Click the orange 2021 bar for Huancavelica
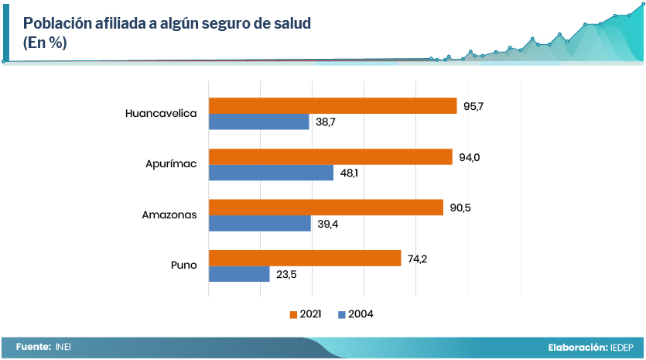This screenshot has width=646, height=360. click(333, 106)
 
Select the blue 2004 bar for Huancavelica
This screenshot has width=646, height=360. click(259, 122)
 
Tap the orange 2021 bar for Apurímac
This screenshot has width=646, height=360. click(330, 157)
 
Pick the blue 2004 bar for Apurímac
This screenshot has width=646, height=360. click(271, 173)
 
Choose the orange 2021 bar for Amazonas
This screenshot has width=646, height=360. click(326, 207)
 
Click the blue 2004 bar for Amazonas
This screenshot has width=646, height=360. click(260, 224)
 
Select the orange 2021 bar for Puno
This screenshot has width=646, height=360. click(305, 259)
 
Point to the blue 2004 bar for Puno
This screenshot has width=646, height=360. click(239, 274)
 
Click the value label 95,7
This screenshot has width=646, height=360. click(473, 106)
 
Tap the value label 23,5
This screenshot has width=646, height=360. click(285, 275)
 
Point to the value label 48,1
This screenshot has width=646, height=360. click(349, 173)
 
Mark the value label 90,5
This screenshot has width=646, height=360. click(460, 207)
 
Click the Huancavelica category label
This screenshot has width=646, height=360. click(161, 114)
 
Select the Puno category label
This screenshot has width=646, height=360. click(184, 266)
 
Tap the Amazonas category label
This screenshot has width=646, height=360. click(169, 215)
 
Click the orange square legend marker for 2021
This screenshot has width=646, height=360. click(293, 314)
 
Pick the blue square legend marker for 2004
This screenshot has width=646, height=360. click(341, 314)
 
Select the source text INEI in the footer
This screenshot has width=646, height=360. click(63, 348)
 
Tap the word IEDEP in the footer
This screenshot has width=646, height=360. click(622, 348)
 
